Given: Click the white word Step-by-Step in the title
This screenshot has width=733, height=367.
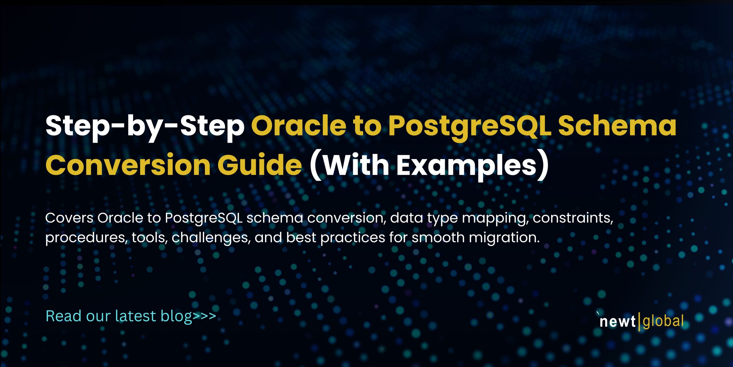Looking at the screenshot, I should click(145, 126).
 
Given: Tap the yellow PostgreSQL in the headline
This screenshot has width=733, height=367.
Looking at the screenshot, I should click(470, 126).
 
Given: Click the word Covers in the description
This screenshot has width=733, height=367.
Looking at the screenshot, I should click(69, 218).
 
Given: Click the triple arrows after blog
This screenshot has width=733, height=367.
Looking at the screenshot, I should click(204, 316).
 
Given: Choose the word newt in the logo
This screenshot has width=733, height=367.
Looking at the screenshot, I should click(617, 321).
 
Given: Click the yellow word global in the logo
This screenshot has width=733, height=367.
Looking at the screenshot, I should click(663, 321).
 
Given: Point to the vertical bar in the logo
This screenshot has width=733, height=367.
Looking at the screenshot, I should click(639, 322).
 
